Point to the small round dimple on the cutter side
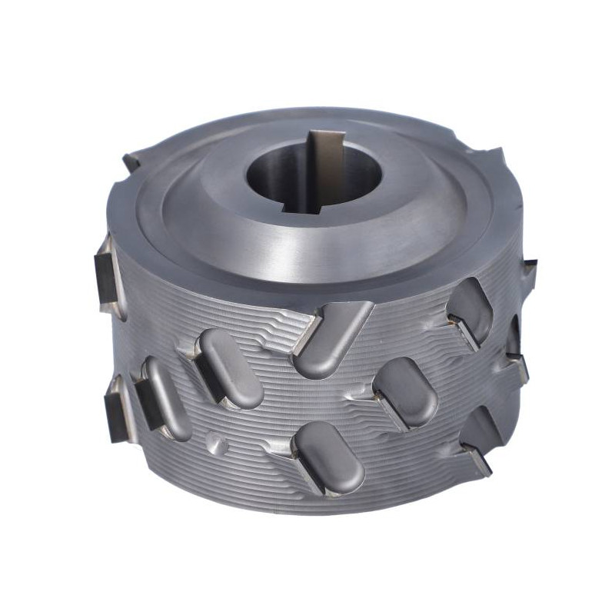coord(220,444)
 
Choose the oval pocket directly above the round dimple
coord(231,369)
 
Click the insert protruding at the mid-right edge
coord(517,361)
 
